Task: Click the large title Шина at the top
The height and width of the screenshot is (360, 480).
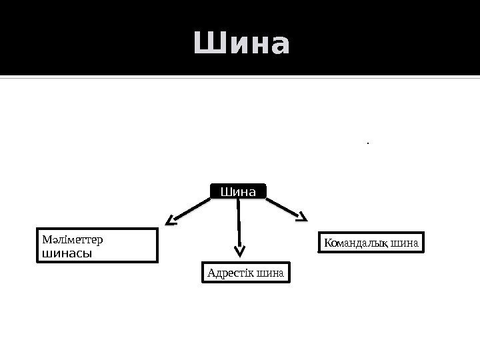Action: click(242, 45)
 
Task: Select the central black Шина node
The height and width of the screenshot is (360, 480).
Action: click(238, 191)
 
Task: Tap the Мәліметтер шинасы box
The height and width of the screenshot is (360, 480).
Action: click(96, 245)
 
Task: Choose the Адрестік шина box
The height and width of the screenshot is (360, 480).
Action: click(246, 273)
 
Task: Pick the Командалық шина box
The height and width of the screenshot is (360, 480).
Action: click(371, 243)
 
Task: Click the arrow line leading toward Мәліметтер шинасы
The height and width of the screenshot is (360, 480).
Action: click(193, 209)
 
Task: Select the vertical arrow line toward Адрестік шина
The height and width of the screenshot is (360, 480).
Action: click(238, 223)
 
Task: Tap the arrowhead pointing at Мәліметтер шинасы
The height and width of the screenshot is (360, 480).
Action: click(173, 219)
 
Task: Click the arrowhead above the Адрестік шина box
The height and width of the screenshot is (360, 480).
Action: click(240, 251)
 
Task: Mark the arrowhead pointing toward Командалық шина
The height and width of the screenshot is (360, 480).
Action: click(301, 216)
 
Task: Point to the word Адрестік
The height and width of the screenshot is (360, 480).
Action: click(227, 273)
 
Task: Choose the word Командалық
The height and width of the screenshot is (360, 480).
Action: click(351, 243)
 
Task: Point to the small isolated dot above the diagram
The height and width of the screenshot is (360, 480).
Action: click(367, 141)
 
